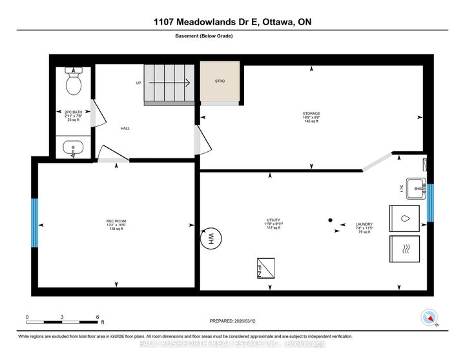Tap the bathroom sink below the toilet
pos(73,149)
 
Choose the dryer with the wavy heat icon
pos(404,249)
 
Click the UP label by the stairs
pos(138,83)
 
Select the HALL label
pos(125,129)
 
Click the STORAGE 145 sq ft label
pos(311,118)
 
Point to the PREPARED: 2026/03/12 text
pos(237,321)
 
